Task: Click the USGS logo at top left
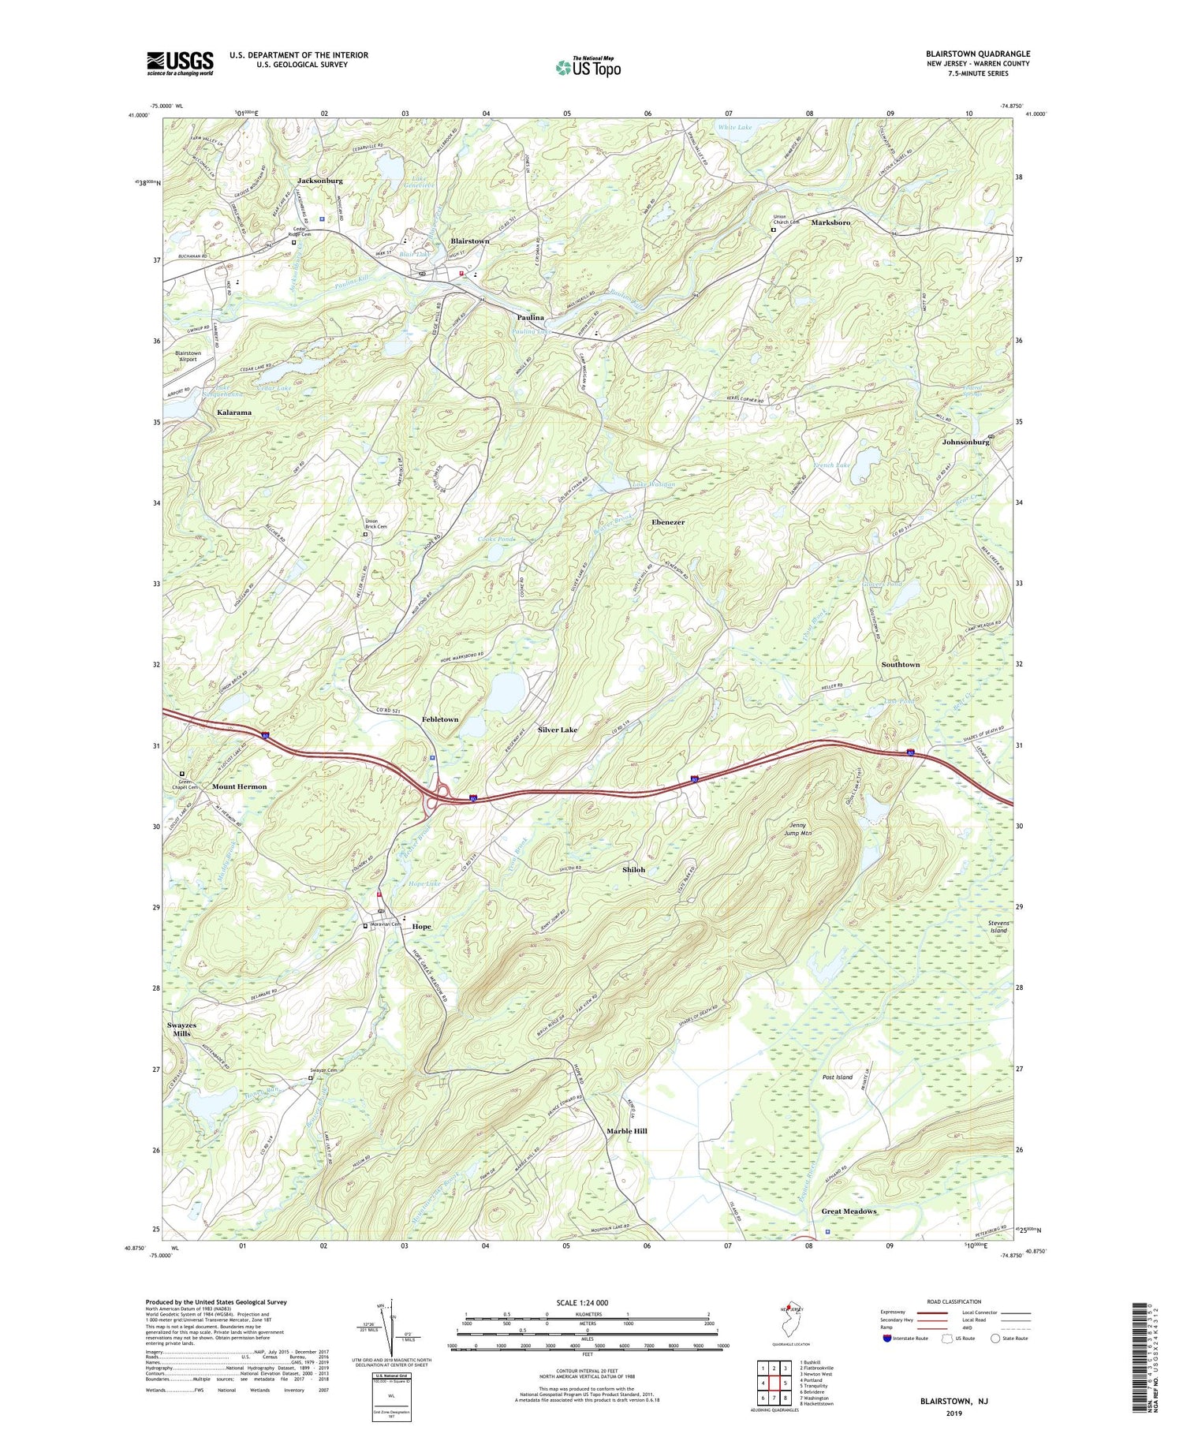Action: tap(180, 63)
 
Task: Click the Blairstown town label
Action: tap(470, 241)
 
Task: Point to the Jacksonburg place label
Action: tap(320, 181)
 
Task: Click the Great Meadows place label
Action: tap(849, 1211)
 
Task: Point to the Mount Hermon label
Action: tap(240, 786)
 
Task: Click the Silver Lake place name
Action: tap(558, 730)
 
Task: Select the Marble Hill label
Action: tap(627, 1130)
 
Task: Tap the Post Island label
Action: tap(838, 1077)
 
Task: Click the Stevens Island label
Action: tap(998, 926)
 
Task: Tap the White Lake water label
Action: tap(735, 127)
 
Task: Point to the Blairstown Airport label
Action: tap(188, 356)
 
